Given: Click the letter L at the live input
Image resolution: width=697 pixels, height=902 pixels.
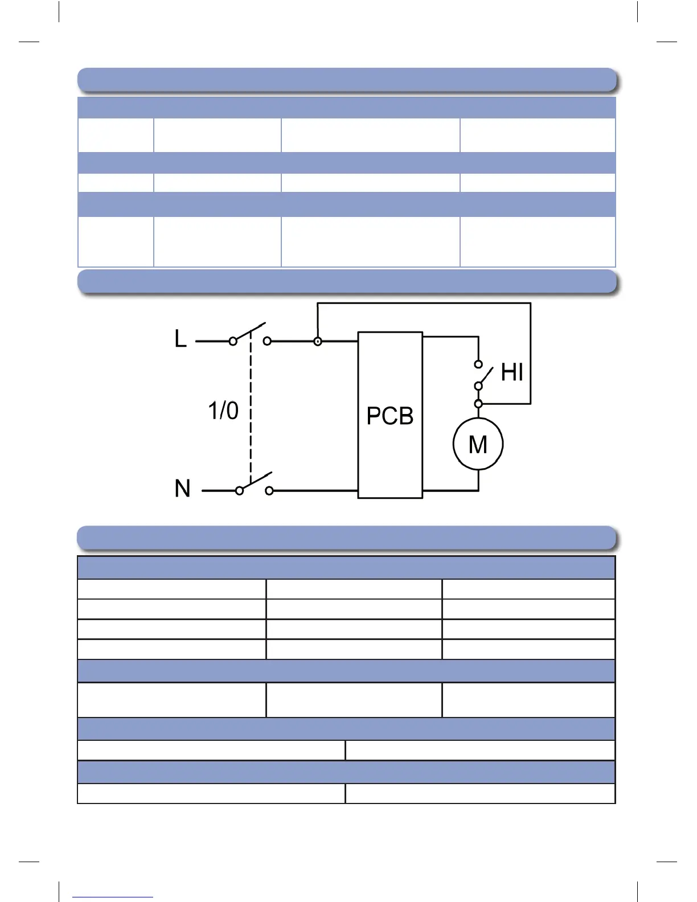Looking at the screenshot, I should tap(180, 339).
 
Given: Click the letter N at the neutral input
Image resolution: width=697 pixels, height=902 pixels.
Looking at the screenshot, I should tap(182, 489).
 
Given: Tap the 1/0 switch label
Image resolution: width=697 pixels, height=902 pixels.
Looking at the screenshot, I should tap(223, 411).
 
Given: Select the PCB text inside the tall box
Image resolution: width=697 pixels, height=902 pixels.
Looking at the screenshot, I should tap(390, 416).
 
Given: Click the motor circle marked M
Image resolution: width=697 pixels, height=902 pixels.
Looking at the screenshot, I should tap(478, 444).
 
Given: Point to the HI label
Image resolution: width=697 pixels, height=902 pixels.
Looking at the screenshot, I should tap(512, 372).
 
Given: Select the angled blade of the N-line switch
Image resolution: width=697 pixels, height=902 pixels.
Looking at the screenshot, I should tap(256, 481).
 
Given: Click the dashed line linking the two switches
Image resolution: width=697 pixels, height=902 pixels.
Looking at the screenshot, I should tap(251, 410).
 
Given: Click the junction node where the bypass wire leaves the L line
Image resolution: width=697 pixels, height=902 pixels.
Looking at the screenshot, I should tap(318, 342).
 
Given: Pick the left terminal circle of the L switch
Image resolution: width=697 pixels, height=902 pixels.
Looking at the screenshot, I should tap(233, 341).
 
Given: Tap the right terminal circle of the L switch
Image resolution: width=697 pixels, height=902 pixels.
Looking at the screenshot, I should tap(267, 341).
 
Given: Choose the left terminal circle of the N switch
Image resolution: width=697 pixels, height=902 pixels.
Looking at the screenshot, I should tap(240, 490).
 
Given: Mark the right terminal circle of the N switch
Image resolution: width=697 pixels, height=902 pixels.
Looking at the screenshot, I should tap(269, 490).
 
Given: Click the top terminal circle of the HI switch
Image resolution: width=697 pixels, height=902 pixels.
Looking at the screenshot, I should tap(478, 364).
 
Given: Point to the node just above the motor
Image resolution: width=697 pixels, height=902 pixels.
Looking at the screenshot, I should tap(478, 404).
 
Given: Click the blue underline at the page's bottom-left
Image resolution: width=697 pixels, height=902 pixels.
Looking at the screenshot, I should tap(113, 897).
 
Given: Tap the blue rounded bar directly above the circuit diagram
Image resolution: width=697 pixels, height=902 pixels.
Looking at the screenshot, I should tap(347, 281).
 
